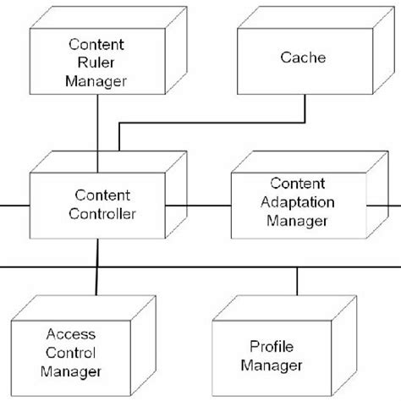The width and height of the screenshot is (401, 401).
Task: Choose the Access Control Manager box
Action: click(x=81, y=354)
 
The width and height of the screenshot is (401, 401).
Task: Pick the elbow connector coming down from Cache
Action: click(x=211, y=123)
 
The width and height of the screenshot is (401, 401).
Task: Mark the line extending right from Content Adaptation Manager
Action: click(x=394, y=205)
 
